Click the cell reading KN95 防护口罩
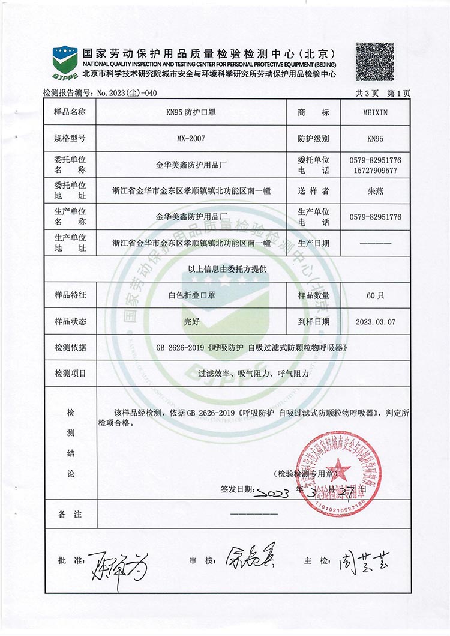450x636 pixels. (x=191, y=112)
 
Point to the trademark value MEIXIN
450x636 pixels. (x=375, y=112)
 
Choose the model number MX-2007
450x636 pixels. (x=191, y=138)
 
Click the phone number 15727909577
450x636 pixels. (x=375, y=170)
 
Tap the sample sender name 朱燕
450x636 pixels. (x=375, y=191)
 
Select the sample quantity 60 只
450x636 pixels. (x=375, y=295)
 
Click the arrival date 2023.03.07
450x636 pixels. (x=375, y=321)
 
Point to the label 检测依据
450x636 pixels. (x=70, y=347)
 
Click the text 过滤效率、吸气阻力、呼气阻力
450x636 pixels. (x=254, y=373)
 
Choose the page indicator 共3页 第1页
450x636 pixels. (x=383, y=92)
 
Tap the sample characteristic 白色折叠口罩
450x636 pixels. (x=191, y=295)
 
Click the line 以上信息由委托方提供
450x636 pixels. (x=228, y=269)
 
